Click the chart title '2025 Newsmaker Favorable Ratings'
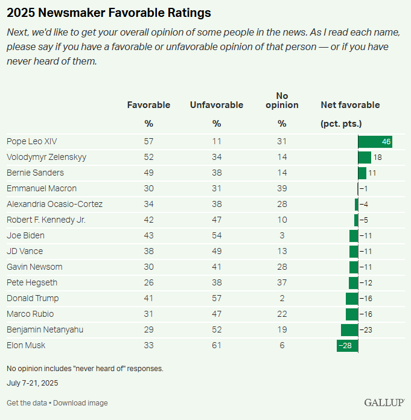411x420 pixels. [x=109, y=12]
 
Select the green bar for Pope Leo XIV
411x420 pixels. [x=375, y=142]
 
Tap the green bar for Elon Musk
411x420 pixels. [x=347, y=346]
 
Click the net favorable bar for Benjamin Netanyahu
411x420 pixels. [x=349, y=330]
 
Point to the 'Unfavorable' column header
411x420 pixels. [x=217, y=105]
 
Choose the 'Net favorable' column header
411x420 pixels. [x=350, y=105]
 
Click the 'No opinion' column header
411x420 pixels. [x=282, y=100]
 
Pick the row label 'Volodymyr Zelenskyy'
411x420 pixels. [x=46, y=157]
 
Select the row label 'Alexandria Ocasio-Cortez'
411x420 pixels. [x=54, y=205]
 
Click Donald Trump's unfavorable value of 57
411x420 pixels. [x=217, y=299]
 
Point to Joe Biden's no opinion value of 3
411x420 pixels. [x=282, y=236]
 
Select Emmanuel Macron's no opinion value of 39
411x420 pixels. [x=282, y=189]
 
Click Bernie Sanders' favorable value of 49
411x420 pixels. [x=148, y=173]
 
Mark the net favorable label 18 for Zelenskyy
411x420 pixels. [x=378, y=157]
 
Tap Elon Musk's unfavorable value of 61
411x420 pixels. [x=217, y=346]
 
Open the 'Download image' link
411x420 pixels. [x=80, y=403]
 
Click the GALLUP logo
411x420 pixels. [x=384, y=402]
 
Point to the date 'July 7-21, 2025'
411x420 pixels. [x=33, y=383]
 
